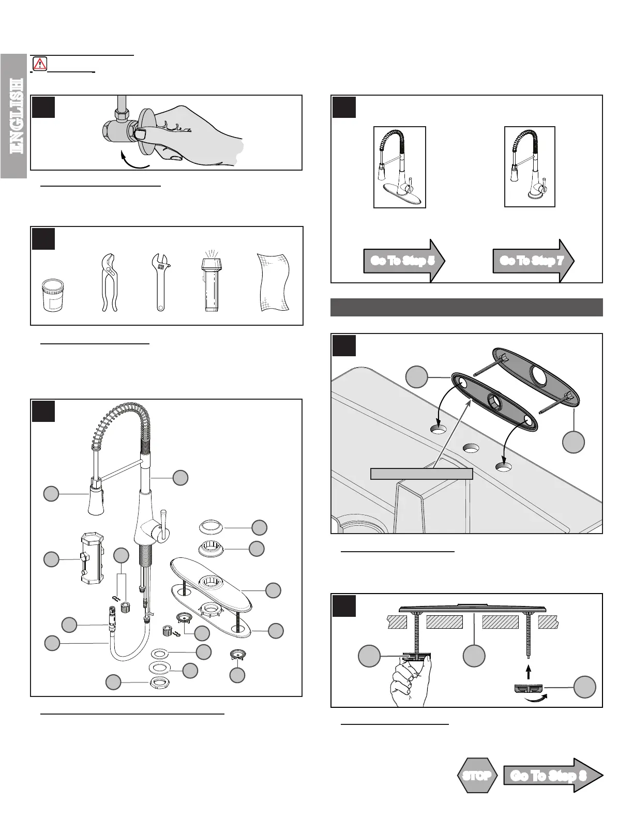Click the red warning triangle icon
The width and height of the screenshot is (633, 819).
(x=39, y=64)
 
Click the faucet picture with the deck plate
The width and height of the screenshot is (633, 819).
(x=399, y=167)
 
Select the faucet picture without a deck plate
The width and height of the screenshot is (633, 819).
(x=530, y=167)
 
